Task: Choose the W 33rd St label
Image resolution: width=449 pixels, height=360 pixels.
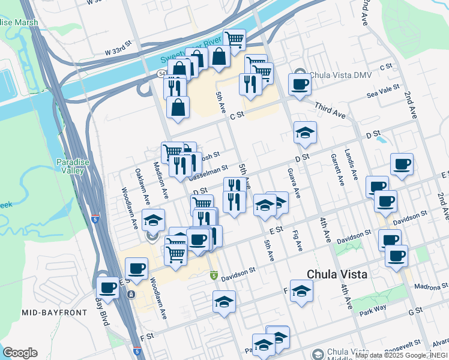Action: click(x=117, y=51)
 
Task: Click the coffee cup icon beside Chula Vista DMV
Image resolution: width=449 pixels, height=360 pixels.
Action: click(x=299, y=84)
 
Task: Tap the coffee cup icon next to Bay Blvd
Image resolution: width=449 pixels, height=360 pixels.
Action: click(x=107, y=287)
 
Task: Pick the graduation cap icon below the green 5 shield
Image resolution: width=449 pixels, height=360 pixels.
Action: click(x=224, y=302)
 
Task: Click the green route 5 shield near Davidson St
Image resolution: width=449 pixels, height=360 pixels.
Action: click(x=213, y=275)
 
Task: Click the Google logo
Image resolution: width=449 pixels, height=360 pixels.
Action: click(x=20, y=352)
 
